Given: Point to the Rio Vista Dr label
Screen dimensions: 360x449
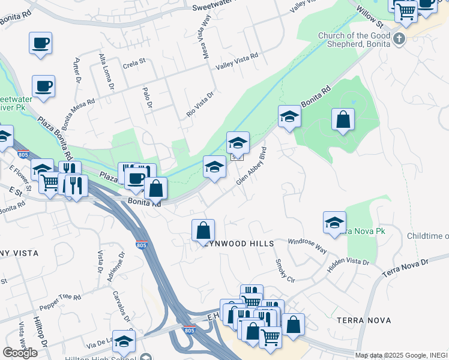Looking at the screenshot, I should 200,104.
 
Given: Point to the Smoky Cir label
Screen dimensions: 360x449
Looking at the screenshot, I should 285,271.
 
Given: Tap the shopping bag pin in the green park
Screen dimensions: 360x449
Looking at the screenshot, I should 343,119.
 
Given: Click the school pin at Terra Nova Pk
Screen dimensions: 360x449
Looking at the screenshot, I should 334,222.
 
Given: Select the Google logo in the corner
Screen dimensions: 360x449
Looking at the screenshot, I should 20,352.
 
